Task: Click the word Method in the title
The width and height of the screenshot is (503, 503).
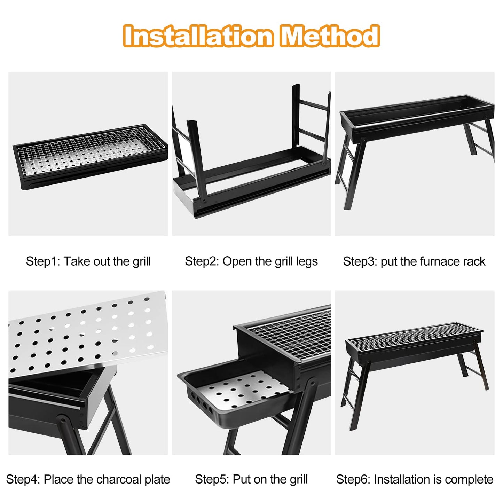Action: (330, 36)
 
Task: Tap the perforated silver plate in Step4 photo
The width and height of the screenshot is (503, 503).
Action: (87, 334)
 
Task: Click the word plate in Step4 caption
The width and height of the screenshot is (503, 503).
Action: (157, 480)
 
